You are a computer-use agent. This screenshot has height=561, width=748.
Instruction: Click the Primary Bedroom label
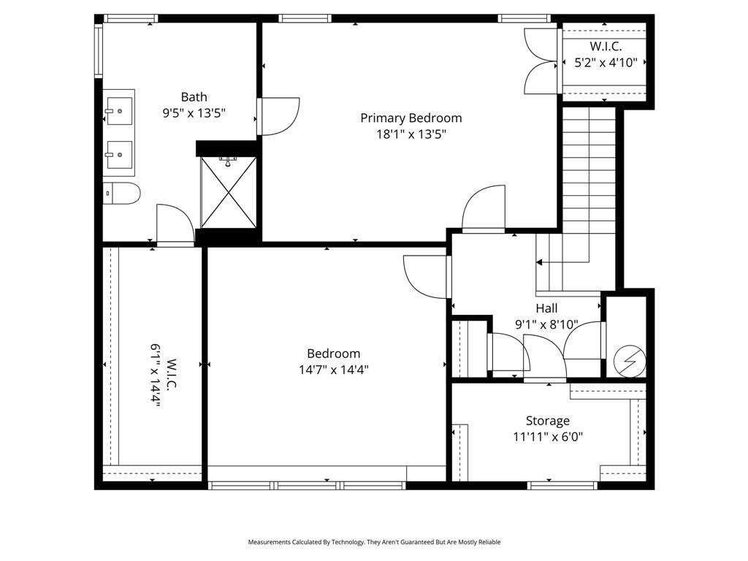pyautogui.click(x=411, y=118)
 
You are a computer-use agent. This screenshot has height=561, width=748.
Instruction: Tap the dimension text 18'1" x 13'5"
pyautogui.click(x=411, y=134)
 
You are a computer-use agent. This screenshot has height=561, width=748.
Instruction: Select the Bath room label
pyautogui.click(x=194, y=96)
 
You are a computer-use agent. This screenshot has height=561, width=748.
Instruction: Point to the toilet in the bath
pyautogui.click(x=121, y=194)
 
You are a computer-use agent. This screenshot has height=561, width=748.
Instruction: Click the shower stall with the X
pyautogui.click(x=228, y=193)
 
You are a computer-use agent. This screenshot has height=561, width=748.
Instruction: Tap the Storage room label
pyautogui.click(x=547, y=421)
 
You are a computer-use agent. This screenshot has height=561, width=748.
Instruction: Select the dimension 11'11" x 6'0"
pyautogui.click(x=547, y=437)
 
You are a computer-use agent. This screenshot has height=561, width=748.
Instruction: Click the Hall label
pyautogui.click(x=546, y=308)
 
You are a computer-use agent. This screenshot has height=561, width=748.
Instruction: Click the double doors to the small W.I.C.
pyautogui.click(x=541, y=61)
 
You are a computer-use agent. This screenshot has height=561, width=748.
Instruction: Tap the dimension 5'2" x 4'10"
pyautogui.click(x=606, y=63)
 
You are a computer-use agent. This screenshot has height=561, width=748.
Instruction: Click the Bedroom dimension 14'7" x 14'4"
pyautogui.click(x=333, y=370)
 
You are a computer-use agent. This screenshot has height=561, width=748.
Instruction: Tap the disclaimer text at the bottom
pyautogui.click(x=374, y=542)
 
